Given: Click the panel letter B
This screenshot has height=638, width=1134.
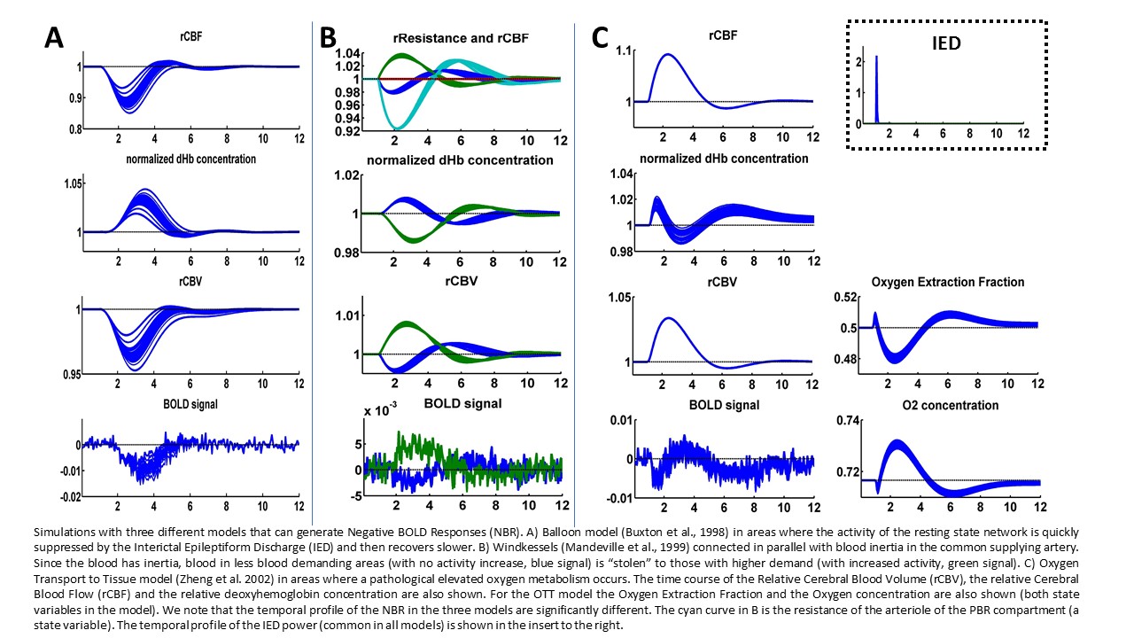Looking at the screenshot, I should point(328,38).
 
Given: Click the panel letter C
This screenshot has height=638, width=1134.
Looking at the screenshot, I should point(600,38).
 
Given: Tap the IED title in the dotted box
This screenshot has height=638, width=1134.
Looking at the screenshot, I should point(946,42).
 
